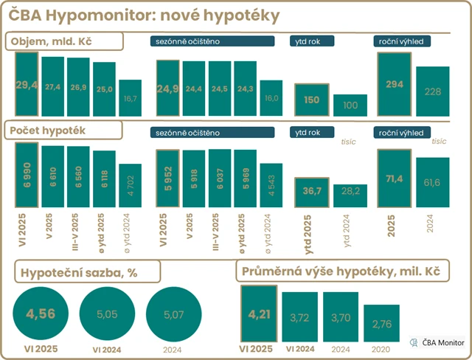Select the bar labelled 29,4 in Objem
click(x=27, y=85)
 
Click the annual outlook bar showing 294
click(x=394, y=84)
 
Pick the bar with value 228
click(x=432, y=91)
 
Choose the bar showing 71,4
click(x=394, y=179)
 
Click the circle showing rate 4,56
click(x=41, y=314)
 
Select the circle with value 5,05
click(x=108, y=314)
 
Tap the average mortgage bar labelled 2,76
click(x=381, y=325)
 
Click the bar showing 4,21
click(x=259, y=315)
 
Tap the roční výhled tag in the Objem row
click(x=402, y=42)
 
